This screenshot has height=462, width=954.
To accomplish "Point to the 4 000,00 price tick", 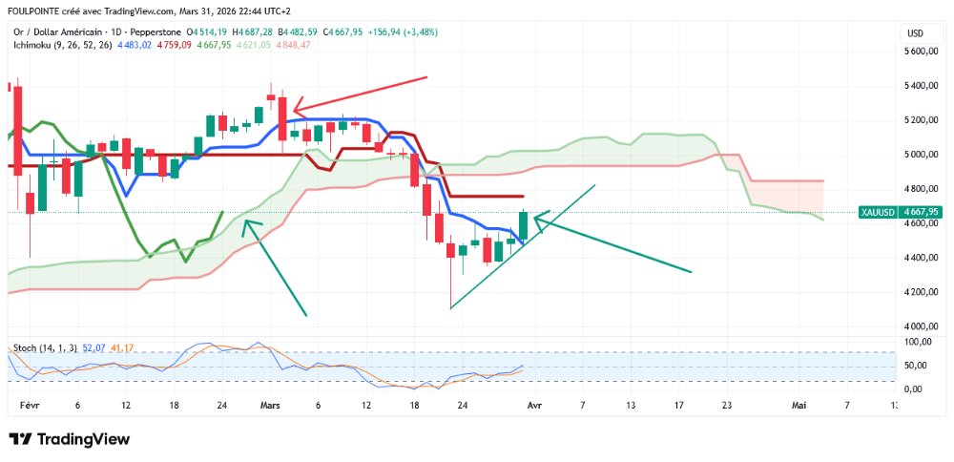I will coord(921,326).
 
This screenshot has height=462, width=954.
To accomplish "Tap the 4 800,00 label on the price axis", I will coord(921,189).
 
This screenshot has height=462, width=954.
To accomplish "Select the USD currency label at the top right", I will coord(916,32).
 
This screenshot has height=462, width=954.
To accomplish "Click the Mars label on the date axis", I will coord(270,405).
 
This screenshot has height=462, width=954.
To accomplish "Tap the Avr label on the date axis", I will coord(534,405).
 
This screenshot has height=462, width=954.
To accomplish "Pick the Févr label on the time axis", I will coord(28,405).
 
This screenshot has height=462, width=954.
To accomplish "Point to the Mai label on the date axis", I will coord(799,405).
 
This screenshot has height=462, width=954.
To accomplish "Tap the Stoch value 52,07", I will coord(92,347).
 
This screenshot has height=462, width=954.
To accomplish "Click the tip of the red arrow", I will coord(294,108).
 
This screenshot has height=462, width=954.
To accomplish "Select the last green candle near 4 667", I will coord(524,225).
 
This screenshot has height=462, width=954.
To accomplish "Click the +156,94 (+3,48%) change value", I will coord(403,31).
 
